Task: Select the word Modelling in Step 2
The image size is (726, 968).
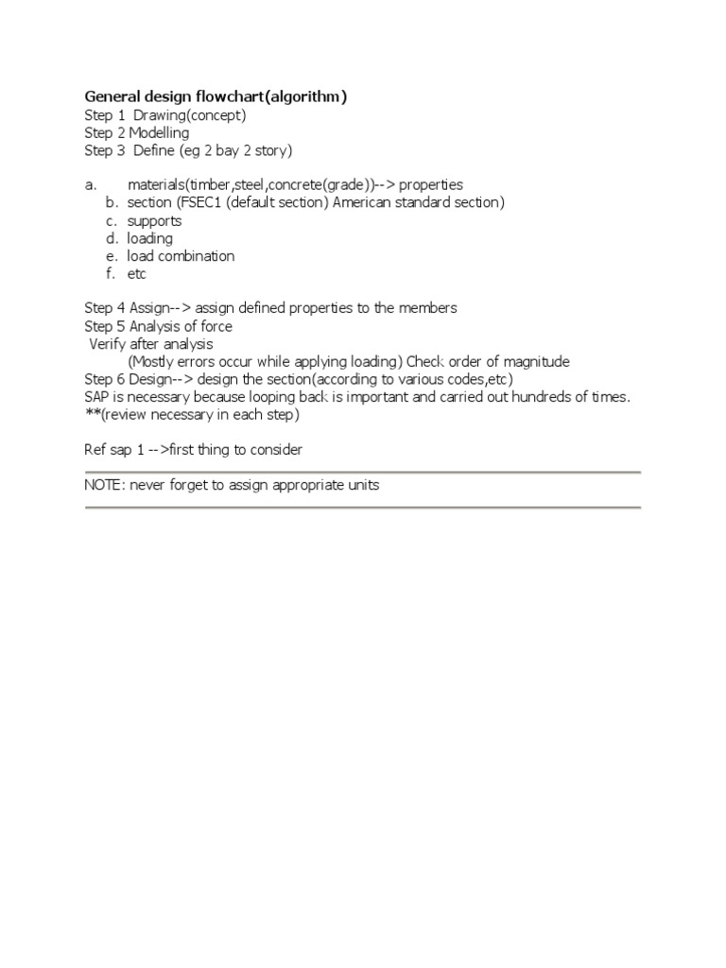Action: click(x=159, y=133)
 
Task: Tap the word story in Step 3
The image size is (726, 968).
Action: click(x=271, y=150)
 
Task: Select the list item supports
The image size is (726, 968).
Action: click(x=154, y=221)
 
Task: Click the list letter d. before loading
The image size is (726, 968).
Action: click(x=112, y=238)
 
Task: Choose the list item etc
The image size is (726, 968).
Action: click(x=137, y=274)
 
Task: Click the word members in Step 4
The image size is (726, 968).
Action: click(x=430, y=308)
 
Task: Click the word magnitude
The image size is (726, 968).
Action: click(x=537, y=362)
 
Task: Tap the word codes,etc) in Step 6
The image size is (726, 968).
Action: click(x=480, y=379)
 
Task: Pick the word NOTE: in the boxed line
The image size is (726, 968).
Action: click(x=105, y=486)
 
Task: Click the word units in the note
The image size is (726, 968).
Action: click(x=362, y=486)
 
